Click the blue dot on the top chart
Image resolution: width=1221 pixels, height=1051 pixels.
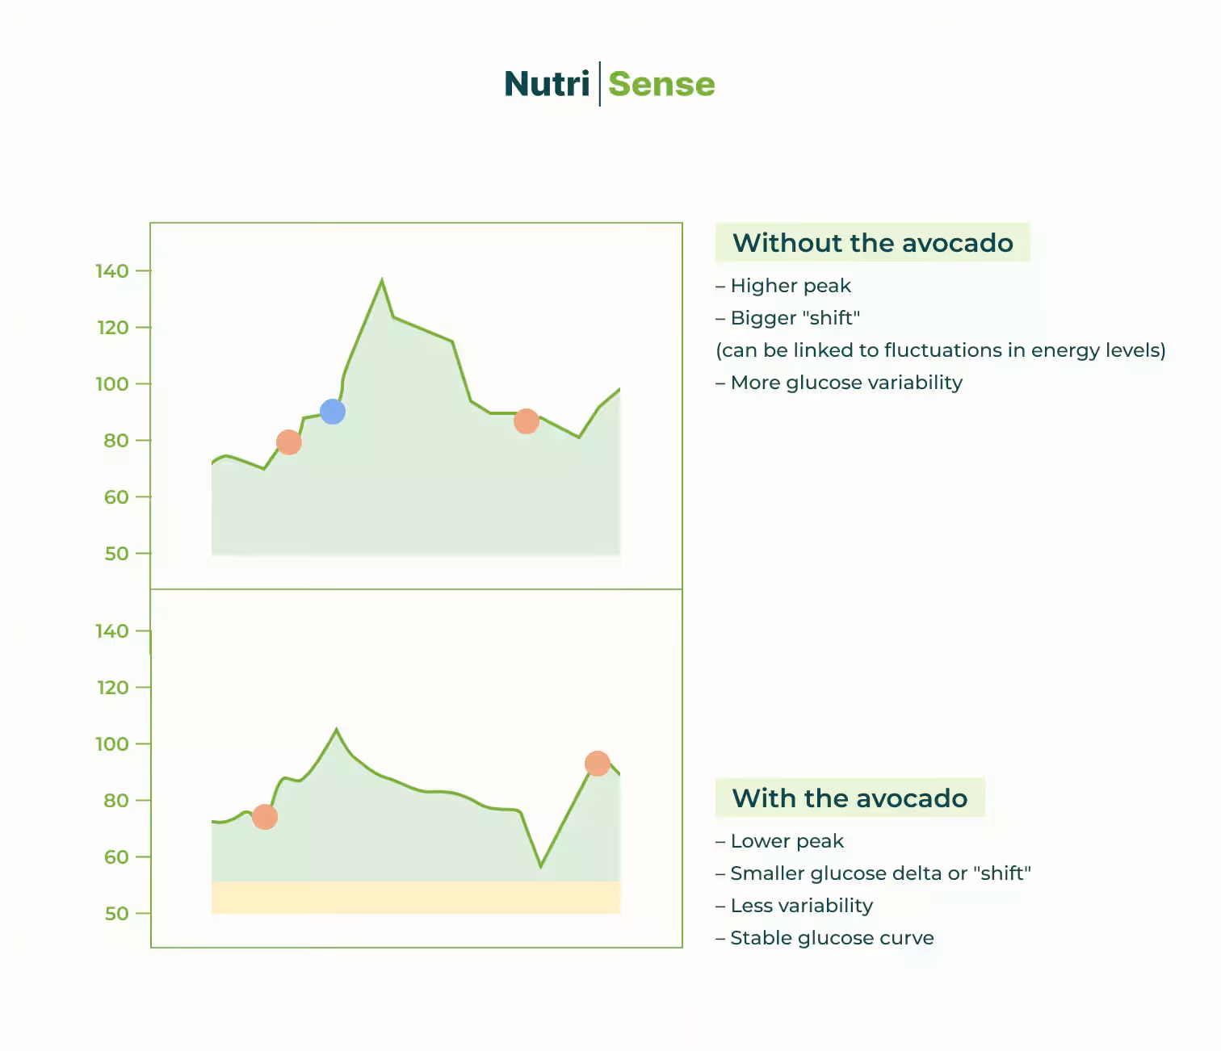pos(333,412)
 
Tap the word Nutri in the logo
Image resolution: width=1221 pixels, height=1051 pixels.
pos(547,84)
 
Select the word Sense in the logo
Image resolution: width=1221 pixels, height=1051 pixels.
pos(661,84)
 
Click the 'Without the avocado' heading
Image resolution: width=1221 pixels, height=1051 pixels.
pos(872,243)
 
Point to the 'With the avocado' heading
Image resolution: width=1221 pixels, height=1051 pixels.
pos(850,798)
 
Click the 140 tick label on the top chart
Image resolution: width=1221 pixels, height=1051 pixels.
pos(112,271)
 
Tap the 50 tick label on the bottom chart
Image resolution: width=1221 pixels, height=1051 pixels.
pos(116,914)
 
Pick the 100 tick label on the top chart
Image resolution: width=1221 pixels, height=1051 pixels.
pos(112,384)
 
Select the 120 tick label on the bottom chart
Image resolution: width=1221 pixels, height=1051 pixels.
pos(112,688)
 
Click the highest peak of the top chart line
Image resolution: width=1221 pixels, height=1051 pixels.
pos(382,281)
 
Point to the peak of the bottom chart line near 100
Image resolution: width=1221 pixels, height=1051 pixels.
pos(337,730)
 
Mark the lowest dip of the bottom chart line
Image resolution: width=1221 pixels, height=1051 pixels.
pos(541,866)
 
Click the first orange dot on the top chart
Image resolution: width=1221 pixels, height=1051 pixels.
pos(288,442)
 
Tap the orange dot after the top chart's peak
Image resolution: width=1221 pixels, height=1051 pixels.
pos(527,421)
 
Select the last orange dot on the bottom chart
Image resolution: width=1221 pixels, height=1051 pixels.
pos(597,764)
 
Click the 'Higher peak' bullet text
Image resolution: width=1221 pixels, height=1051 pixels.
pos(791,286)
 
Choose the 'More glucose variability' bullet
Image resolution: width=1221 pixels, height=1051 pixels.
pos(845,383)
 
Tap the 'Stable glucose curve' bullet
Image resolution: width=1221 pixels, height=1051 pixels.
pos(832,938)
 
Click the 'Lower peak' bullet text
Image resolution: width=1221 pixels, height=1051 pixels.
pos(787,841)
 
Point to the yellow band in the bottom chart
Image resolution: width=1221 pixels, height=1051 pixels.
pos(415,898)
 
